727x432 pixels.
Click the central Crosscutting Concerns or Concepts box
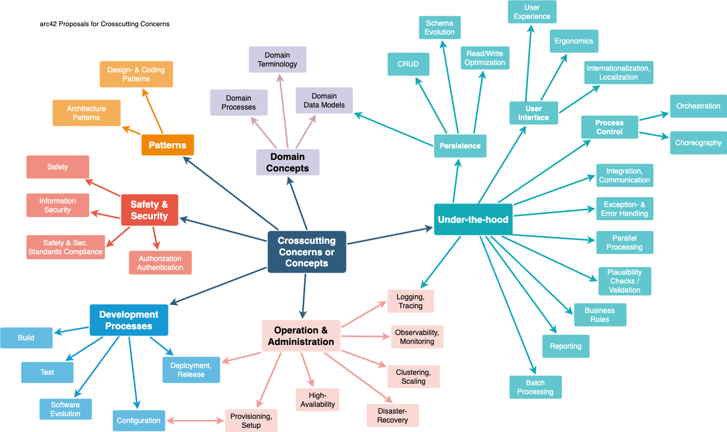click(307, 252)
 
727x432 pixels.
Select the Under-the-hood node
click(473, 220)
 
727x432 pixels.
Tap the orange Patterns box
click(167, 145)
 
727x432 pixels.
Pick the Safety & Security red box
click(149, 210)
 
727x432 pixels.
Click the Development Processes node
click(129, 320)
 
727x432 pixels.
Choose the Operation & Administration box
click(301, 336)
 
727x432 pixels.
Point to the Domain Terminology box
click(277, 60)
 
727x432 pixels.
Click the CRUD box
click(408, 64)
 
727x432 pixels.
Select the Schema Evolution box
click(440, 28)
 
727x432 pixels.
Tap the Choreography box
click(698, 143)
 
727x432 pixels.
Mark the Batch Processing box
click(535, 387)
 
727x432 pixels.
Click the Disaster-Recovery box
click(393, 415)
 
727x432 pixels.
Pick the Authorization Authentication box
click(160, 263)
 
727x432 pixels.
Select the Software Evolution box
click(65, 409)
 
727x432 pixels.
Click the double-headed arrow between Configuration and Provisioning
click(195, 420)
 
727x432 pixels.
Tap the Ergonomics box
click(574, 41)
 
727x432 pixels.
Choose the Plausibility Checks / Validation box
click(624, 281)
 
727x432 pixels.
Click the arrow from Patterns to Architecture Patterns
click(131, 130)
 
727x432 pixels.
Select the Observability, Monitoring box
click(417, 337)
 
